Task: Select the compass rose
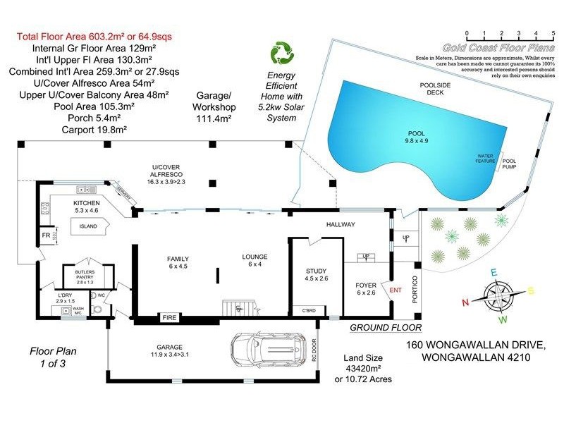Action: coord(499,293)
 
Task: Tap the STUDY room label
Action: coord(317,271)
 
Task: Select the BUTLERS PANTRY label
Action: coord(84,276)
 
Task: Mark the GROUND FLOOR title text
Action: coord(386,328)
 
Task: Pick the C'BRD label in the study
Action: coord(309,311)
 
